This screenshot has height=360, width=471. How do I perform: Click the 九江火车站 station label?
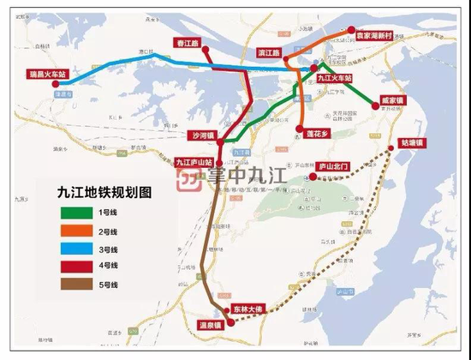tap(334, 77)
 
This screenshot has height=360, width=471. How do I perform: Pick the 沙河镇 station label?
tap(205, 135)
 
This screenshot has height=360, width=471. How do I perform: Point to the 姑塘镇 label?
tap(411, 142)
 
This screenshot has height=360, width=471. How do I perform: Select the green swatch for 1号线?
tap(78, 212)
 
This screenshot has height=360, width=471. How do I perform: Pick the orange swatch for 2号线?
tap(78, 230)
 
